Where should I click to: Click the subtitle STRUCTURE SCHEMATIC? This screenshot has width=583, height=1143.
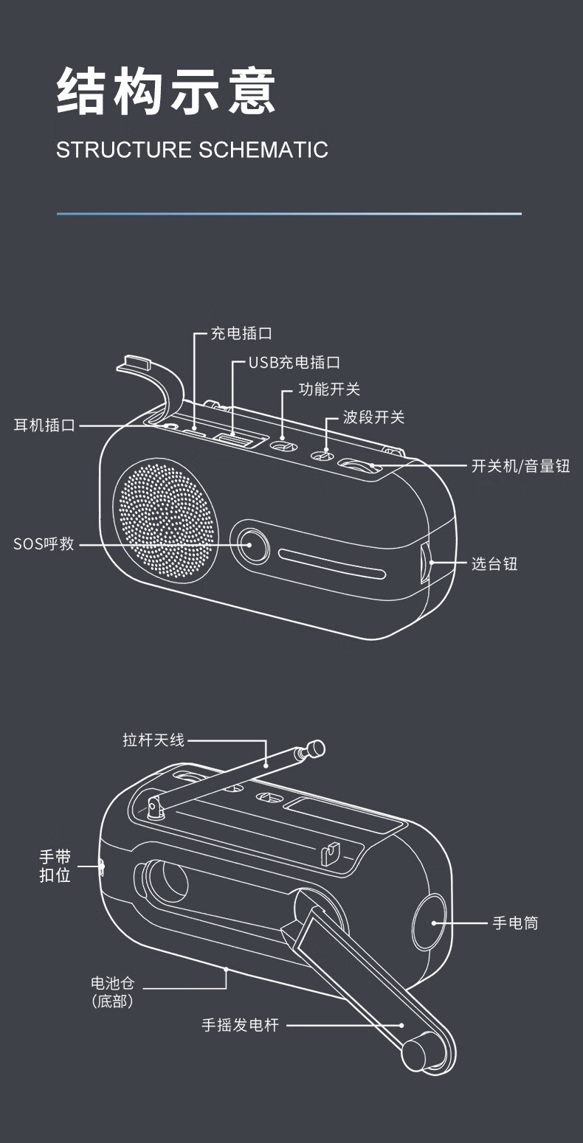click(192, 150)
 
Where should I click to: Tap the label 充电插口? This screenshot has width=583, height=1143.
click(241, 333)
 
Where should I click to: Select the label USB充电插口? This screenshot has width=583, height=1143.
click(294, 362)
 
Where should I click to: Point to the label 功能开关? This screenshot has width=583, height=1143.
click(329, 389)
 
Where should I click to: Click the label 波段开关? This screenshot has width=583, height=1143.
click(373, 417)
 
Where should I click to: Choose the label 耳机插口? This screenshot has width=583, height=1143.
click(45, 425)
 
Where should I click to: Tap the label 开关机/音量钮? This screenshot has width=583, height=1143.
click(520, 465)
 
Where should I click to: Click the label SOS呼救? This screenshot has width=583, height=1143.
click(44, 545)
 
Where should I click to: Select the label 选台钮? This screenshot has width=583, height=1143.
click(494, 564)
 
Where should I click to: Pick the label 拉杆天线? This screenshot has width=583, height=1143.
click(153, 740)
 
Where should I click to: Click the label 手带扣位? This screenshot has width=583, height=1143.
click(55, 866)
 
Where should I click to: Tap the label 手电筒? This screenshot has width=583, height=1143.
click(515, 923)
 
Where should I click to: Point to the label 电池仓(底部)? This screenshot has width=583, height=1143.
click(112, 992)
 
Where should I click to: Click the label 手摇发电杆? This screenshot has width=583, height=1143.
click(241, 1025)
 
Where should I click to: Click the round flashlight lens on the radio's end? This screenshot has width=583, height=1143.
click(430, 922)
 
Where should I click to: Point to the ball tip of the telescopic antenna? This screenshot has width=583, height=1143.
click(316, 748)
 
